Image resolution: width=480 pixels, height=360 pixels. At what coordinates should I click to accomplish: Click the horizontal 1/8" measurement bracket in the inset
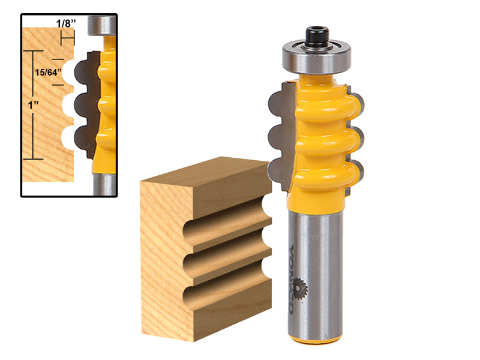coord(67,39)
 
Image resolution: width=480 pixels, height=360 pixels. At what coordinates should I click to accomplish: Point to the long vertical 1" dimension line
coord(32,105)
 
